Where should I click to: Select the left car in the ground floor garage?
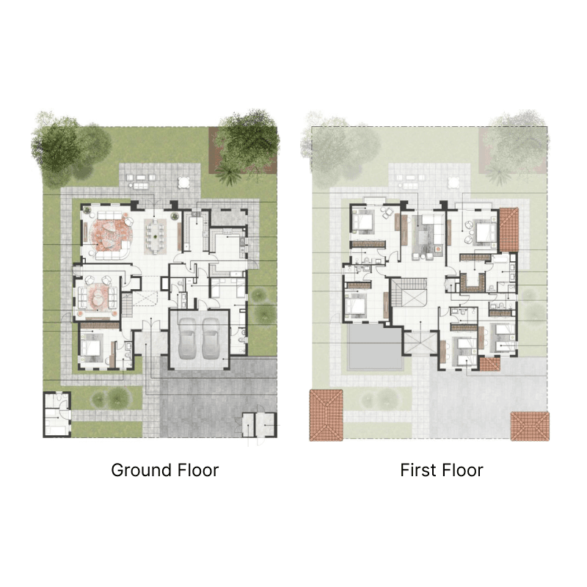[187, 339]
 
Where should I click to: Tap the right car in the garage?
[211, 339]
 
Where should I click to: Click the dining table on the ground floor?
[155, 236]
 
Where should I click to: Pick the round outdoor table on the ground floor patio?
[184, 182]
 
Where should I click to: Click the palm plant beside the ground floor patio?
[228, 173]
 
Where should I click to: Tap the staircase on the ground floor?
[127, 305]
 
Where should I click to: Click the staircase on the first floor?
[403, 292]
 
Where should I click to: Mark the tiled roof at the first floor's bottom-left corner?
[326, 415]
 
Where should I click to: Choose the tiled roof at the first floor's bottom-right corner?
[530, 426]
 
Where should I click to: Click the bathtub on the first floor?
[500, 259]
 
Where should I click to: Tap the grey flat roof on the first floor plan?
[375, 346]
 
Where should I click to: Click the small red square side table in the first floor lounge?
[439, 248]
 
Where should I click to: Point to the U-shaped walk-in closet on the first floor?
[473, 282]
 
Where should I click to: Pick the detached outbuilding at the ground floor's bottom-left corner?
[57, 415]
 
